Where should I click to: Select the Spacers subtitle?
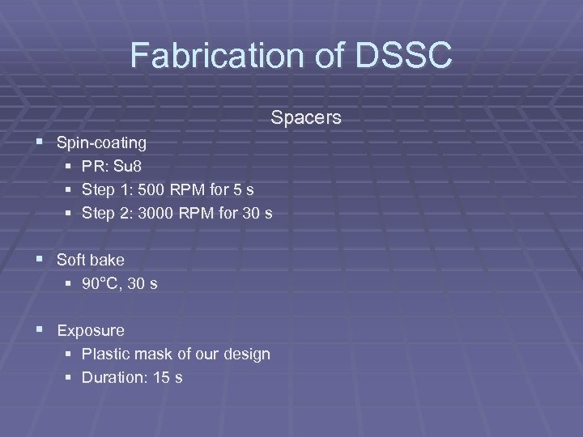[x=306, y=118]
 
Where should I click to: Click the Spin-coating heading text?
[x=101, y=143]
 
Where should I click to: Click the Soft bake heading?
[x=91, y=261]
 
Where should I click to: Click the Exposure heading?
[x=91, y=330]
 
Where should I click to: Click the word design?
[x=248, y=354]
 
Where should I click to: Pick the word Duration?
[x=113, y=377]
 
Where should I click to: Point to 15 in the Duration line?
[x=162, y=377]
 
